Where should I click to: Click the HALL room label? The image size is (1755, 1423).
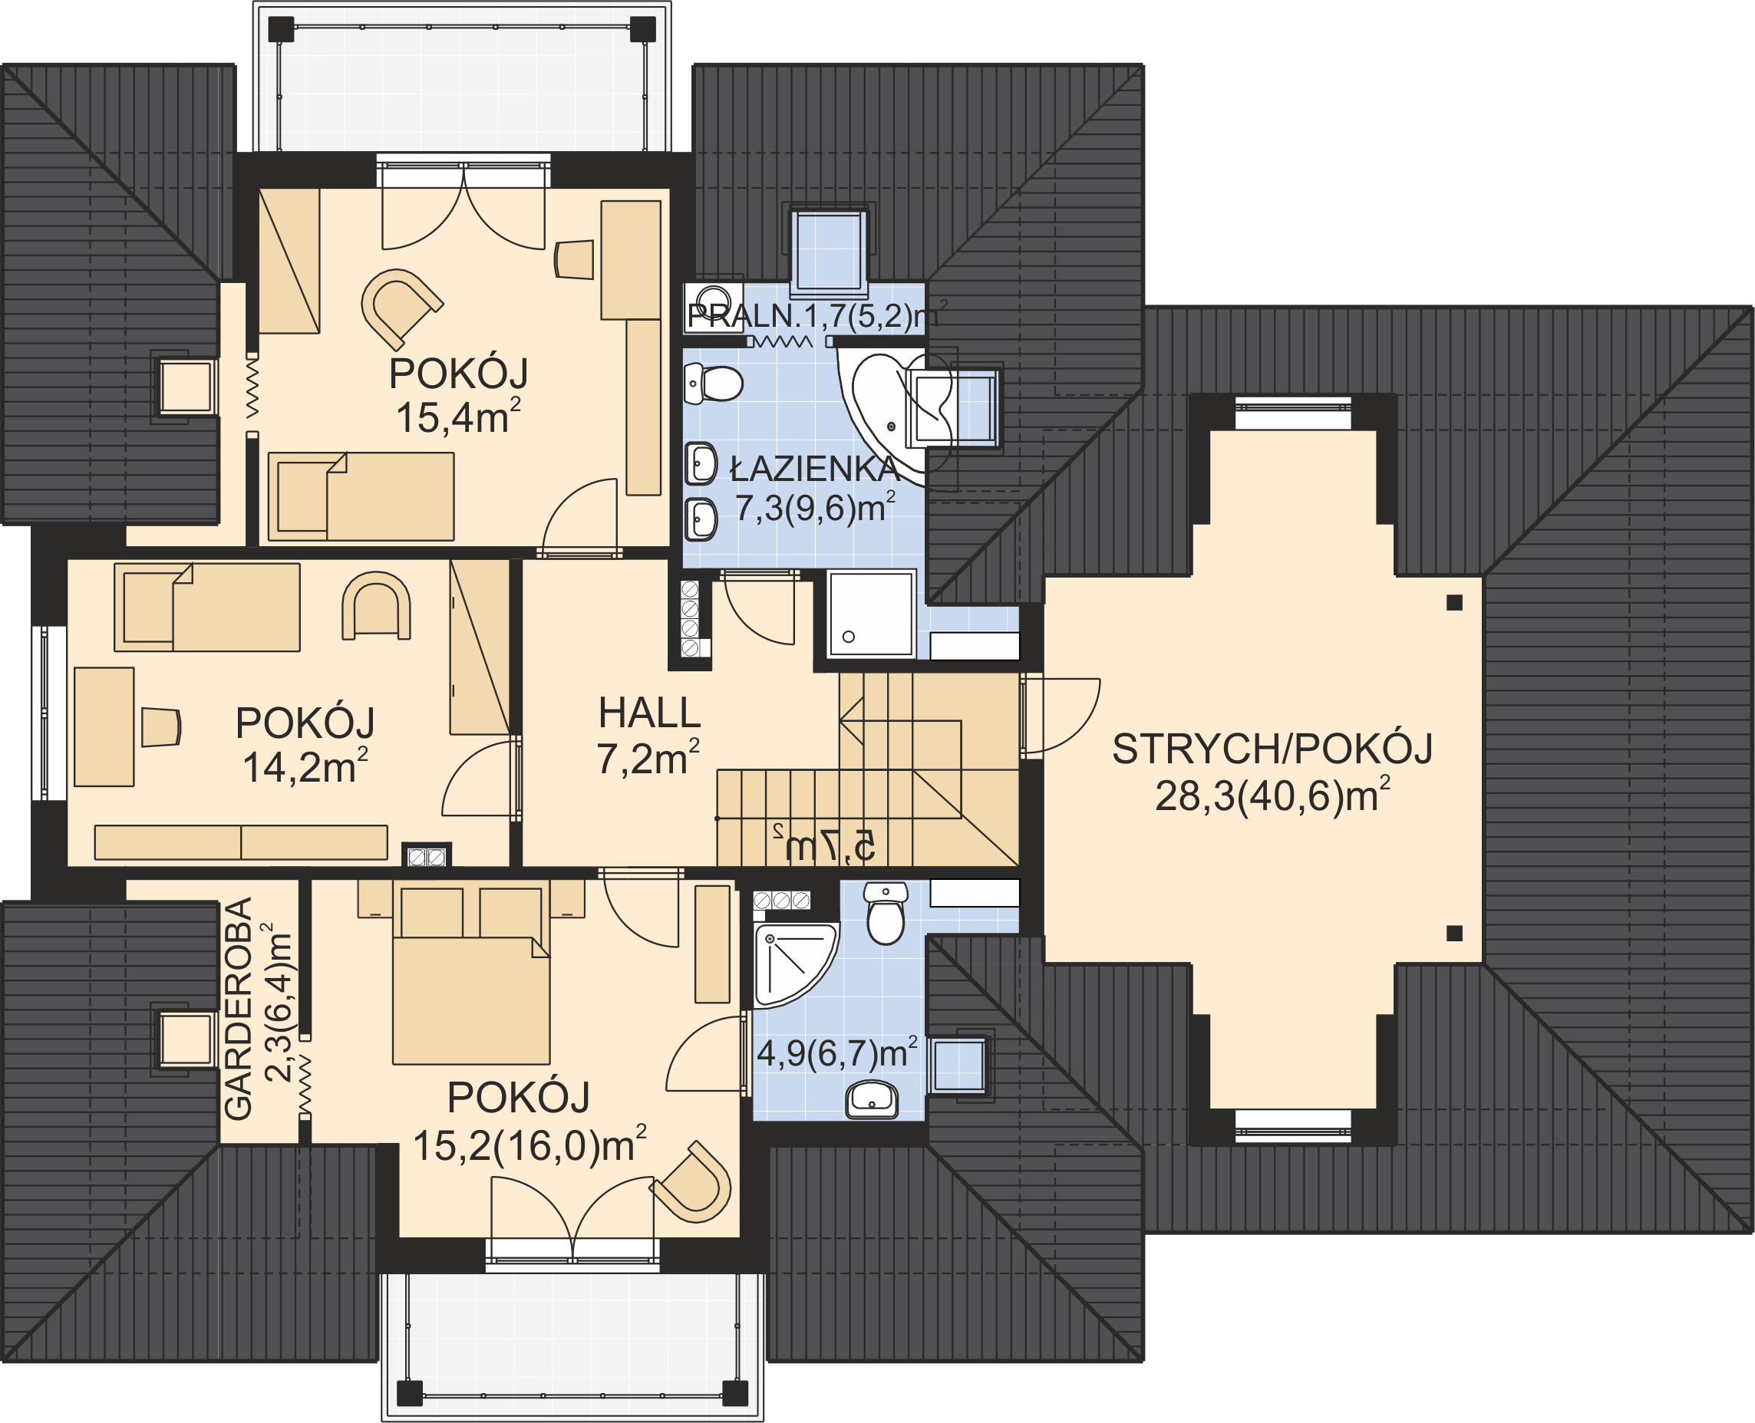[649, 713]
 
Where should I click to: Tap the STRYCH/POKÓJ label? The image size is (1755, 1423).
[1272, 749]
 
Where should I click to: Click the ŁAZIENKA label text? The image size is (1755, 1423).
[815, 469]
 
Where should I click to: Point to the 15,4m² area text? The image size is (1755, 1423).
[457, 417]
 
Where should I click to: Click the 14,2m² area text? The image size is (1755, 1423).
[304, 766]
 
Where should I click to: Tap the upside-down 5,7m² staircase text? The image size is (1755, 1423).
[823, 845]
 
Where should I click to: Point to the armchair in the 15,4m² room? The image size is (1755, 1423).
[401, 307]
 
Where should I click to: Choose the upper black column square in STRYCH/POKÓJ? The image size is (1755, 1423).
[1455, 602]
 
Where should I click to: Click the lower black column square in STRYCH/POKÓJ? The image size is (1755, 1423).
[1455, 933]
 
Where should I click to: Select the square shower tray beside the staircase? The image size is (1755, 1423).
[871, 613]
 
